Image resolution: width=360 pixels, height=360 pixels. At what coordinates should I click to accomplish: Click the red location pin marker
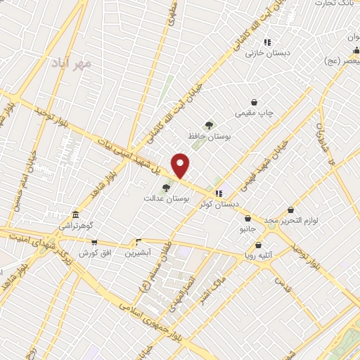[181, 165]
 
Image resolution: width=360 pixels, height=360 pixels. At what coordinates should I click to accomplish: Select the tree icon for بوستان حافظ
[209, 125]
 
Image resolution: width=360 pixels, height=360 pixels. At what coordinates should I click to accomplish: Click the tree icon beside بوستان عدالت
[166, 188]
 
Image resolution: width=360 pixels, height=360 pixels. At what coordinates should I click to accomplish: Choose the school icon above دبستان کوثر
[219, 193]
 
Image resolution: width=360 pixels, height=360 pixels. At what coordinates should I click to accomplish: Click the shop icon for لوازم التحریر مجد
[291, 210]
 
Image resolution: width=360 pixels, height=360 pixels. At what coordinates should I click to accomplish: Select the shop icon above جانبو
[248, 219]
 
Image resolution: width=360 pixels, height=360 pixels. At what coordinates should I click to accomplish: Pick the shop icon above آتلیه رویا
[259, 245]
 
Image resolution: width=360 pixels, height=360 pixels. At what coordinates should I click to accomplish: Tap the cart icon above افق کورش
[94, 242]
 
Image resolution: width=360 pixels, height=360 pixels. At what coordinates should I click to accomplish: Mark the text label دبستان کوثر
[219, 204]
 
